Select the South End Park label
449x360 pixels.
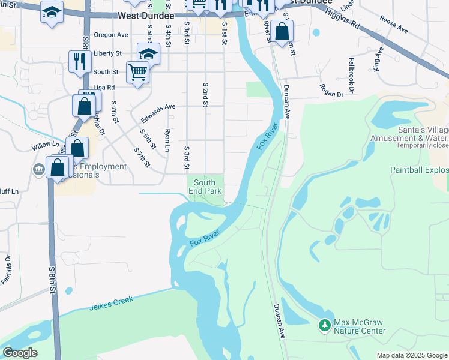[205, 187]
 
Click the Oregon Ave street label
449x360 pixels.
[111, 35]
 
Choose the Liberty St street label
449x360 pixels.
[108, 53]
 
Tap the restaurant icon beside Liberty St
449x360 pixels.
[78, 60]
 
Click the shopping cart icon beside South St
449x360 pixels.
[137, 72]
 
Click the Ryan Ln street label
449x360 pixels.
[167, 139]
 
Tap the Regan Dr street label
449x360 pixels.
[331, 94]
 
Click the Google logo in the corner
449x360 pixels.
[20, 353]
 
